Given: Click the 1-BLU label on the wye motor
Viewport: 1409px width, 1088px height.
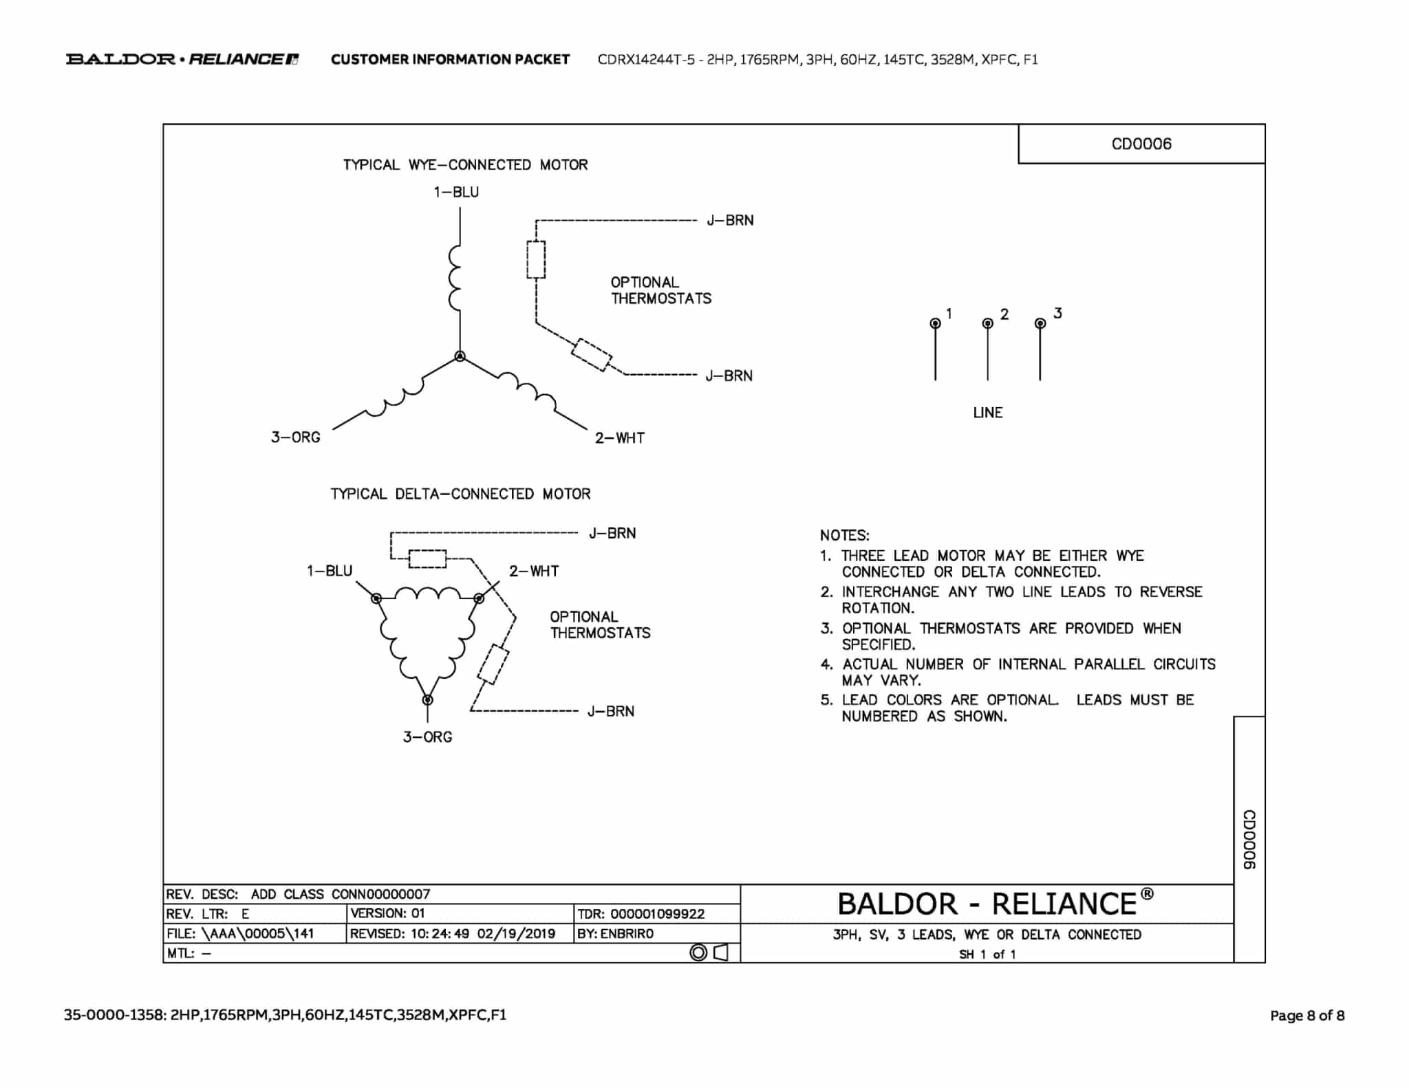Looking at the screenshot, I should tap(456, 193).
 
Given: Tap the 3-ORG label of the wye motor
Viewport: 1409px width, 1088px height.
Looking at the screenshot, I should tap(296, 437).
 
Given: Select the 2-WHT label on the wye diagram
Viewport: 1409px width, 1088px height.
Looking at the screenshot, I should tap(619, 438).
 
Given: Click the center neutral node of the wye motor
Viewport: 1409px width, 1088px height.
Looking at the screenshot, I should tap(460, 356).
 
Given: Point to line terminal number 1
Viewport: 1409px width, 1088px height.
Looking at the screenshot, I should tap(935, 323).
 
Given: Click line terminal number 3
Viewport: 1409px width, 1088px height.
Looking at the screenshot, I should tap(1040, 323).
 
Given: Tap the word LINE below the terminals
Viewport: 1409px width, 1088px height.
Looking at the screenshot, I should tap(987, 413).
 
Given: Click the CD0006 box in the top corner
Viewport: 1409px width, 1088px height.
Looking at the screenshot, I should tap(1141, 144).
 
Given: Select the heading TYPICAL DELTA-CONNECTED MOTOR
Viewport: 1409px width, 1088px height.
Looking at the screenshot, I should tap(460, 494).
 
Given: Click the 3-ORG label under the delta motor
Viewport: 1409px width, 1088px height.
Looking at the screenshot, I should tap(427, 737).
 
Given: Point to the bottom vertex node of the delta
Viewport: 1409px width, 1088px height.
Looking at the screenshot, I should tap(427, 700).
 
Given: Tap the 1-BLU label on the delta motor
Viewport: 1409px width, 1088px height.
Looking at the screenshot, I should tap(330, 571).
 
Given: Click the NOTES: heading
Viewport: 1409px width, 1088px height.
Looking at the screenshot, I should tap(844, 535).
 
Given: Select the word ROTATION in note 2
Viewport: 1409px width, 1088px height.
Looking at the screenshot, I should tap(878, 608).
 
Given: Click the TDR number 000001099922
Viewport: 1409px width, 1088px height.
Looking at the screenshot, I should tap(657, 914).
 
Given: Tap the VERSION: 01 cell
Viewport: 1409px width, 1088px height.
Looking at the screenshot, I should tap(388, 913).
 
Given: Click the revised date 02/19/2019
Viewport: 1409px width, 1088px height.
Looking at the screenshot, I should tap(516, 934).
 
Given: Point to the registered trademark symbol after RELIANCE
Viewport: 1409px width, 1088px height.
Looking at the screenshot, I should tap(1146, 894).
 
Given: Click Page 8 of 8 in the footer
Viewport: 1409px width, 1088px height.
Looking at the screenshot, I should tap(1307, 1015).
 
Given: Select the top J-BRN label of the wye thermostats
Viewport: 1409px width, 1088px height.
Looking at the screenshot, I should tap(730, 221).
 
